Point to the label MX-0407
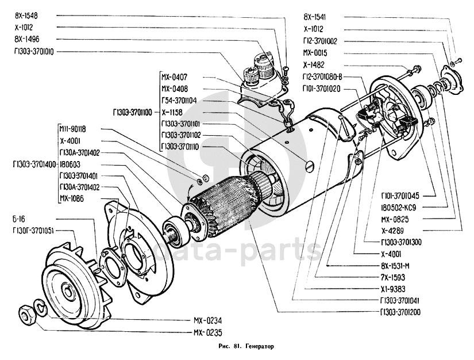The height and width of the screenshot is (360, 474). point(174,77)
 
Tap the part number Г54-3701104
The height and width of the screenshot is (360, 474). point(179,99)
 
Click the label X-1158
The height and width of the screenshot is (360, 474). point(172,113)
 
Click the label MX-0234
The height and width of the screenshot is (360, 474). point(207,321)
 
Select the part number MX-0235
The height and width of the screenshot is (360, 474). point(207,332)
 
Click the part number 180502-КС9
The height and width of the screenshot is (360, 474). point(402,208)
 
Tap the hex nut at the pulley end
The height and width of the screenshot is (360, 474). point(26,315)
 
